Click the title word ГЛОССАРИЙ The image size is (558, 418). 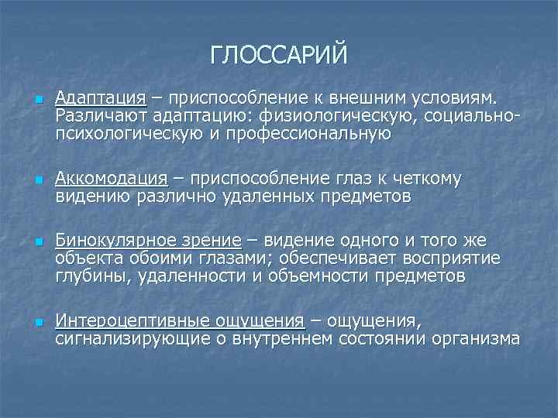click(278, 55)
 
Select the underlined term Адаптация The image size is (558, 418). click(101, 98)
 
